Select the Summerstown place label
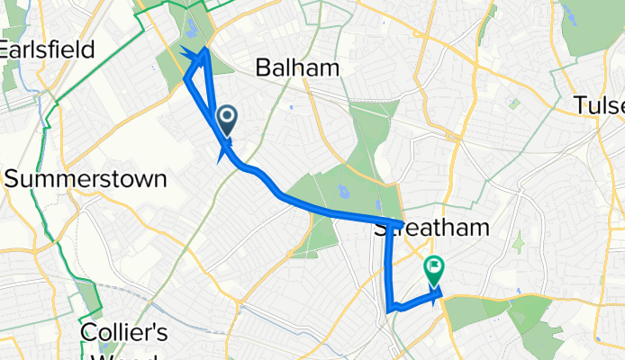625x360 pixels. pos(86,178)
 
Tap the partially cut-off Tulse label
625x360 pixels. pos(599,106)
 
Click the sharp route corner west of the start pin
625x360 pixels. pos(187,79)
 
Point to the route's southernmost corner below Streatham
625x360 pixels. pos(390,310)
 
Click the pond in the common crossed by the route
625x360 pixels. pos(342,191)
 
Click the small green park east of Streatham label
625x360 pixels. pos(518,241)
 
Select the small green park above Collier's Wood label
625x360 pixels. pos(87,293)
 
